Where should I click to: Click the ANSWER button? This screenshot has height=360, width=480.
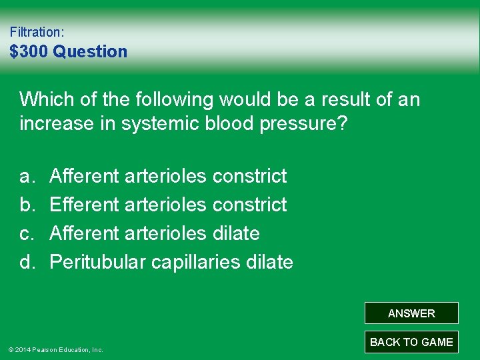pyautogui.click(x=411, y=313)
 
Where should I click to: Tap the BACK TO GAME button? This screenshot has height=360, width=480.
pyautogui.click(x=411, y=342)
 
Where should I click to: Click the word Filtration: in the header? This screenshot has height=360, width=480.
pyautogui.click(x=37, y=31)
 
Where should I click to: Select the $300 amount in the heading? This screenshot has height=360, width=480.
pyautogui.click(x=29, y=51)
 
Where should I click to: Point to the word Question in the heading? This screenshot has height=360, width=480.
pyautogui.click(x=90, y=51)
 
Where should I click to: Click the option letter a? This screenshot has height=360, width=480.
pyautogui.click(x=26, y=177)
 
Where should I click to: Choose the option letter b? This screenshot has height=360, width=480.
pyautogui.click(x=26, y=205)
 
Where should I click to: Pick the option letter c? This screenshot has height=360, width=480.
pyautogui.click(x=26, y=233)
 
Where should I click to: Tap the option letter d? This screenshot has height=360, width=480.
pyautogui.click(x=26, y=262)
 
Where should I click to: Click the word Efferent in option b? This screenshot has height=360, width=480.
pyautogui.click(x=84, y=205)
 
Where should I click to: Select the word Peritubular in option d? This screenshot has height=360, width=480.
pyautogui.click(x=98, y=262)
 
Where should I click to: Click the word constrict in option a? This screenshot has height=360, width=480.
pyautogui.click(x=249, y=177)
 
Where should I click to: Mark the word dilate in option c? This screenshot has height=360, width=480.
pyautogui.click(x=236, y=233)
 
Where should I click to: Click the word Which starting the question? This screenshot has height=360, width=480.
pyautogui.click(x=45, y=100)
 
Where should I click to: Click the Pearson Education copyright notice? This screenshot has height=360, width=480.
pyautogui.click(x=55, y=349)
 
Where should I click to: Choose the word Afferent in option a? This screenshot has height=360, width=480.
pyautogui.click(x=84, y=177)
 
